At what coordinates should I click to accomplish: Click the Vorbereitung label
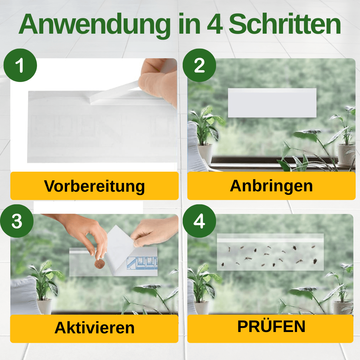(x=94, y=186)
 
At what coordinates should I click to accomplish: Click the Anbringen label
(x=271, y=186)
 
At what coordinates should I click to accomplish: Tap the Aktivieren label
(x=94, y=328)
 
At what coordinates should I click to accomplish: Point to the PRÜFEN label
(x=271, y=327)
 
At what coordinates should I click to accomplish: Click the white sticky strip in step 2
(x=272, y=103)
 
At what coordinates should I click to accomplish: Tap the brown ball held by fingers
(x=100, y=264)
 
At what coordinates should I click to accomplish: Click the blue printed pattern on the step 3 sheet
(x=142, y=262)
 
